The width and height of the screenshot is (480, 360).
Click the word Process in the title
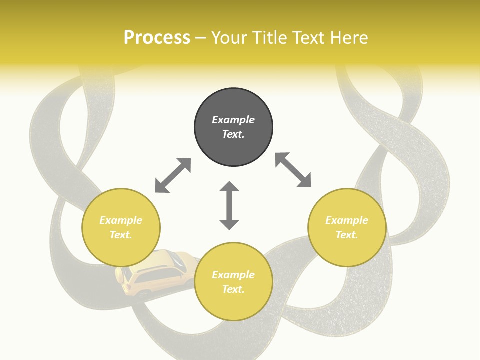point(157,38)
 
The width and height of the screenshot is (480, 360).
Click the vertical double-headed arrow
point(229,205)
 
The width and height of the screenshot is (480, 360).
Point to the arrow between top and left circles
point(173,175)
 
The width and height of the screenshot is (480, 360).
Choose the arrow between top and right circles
point(293,170)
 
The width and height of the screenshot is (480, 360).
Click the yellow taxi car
point(155,275)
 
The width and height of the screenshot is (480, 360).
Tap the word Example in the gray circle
point(233,120)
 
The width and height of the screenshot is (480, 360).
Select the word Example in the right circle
point(347,220)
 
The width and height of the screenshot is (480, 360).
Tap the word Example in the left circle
point(121,220)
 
